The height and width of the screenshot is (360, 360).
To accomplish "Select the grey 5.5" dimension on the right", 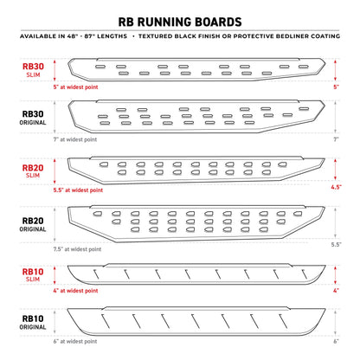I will [335, 246].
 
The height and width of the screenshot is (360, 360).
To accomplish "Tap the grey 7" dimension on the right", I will [335, 137].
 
